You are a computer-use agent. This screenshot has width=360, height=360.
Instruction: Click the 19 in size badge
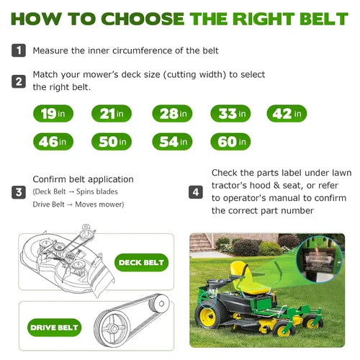click(53, 114)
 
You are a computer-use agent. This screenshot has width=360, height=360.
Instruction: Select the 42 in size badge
click(287, 114)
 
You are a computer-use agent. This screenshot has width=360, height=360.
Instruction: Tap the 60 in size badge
click(230, 142)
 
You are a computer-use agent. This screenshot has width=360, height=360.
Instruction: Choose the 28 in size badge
click(172, 114)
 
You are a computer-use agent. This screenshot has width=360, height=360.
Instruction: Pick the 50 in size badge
click(112, 142)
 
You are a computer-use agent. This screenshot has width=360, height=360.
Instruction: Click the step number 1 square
click(19, 50)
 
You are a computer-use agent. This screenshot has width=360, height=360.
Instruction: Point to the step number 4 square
click(196, 192)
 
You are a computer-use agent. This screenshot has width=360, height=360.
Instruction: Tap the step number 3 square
click(19, 192)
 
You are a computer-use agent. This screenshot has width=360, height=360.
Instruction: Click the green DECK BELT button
click(141, 263)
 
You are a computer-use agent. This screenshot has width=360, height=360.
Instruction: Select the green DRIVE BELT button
click(55, 328)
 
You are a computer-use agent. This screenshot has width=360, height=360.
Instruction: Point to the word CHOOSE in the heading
click(143, 19)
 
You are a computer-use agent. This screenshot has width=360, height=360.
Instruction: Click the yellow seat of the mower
click(247, 279)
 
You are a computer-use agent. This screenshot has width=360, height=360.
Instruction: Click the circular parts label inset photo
click(320, 261)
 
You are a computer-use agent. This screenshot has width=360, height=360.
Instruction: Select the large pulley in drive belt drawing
click(112, 328)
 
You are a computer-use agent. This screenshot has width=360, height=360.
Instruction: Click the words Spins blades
click(97, 192)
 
